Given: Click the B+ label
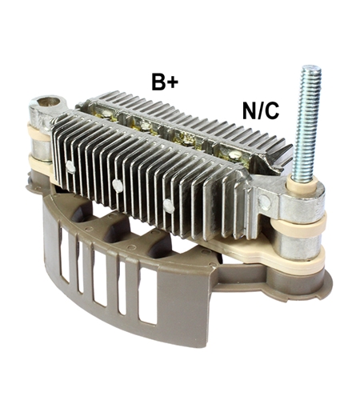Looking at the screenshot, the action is (165, 81).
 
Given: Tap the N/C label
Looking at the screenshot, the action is (261, 110).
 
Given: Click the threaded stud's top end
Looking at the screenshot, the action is (311, 67).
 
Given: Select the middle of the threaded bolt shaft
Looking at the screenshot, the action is (306, 126).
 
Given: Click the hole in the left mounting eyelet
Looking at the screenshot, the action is (49, 102).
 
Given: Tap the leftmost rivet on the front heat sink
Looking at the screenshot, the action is (70, 166).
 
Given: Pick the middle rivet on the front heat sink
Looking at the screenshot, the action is (117, 185).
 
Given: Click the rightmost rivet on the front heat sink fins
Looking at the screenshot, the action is (168, 206).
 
